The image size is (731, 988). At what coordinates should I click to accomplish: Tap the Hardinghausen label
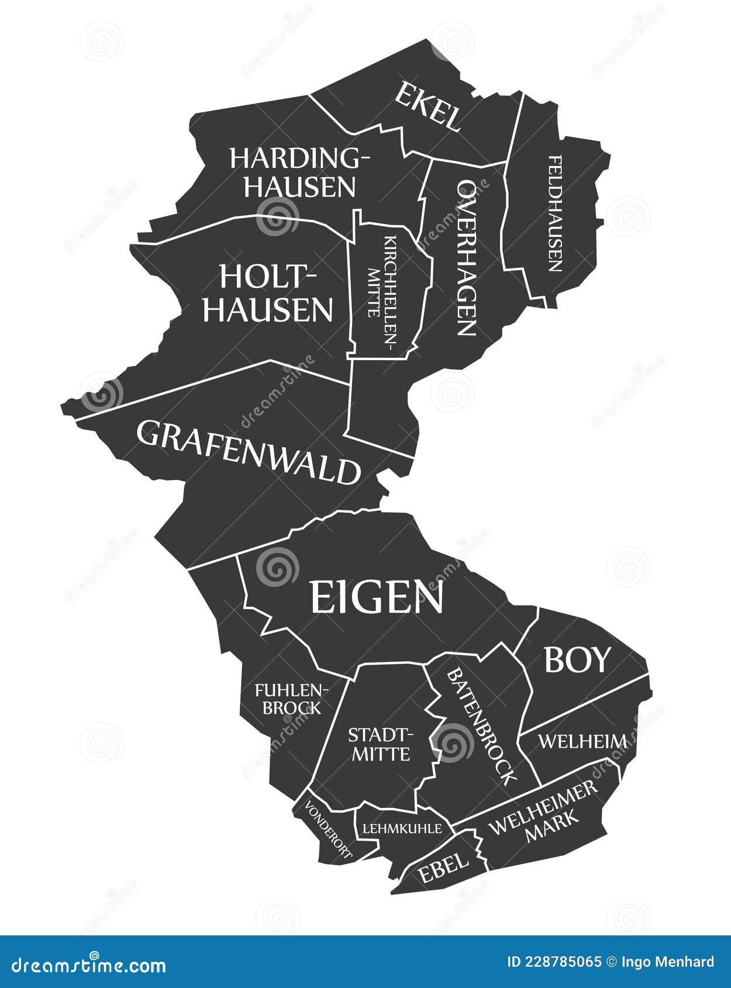coord(299,172)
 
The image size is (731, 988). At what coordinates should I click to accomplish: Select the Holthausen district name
coord(268,293)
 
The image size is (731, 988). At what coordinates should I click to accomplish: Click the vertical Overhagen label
coord(466,257)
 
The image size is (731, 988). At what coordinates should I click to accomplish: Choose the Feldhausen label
coord(555,213)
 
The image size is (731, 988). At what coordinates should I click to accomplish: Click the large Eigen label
coord(376,597)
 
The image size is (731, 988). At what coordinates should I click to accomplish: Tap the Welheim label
coord(582,741)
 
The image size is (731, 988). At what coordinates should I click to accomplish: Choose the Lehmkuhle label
coord(402,828)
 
